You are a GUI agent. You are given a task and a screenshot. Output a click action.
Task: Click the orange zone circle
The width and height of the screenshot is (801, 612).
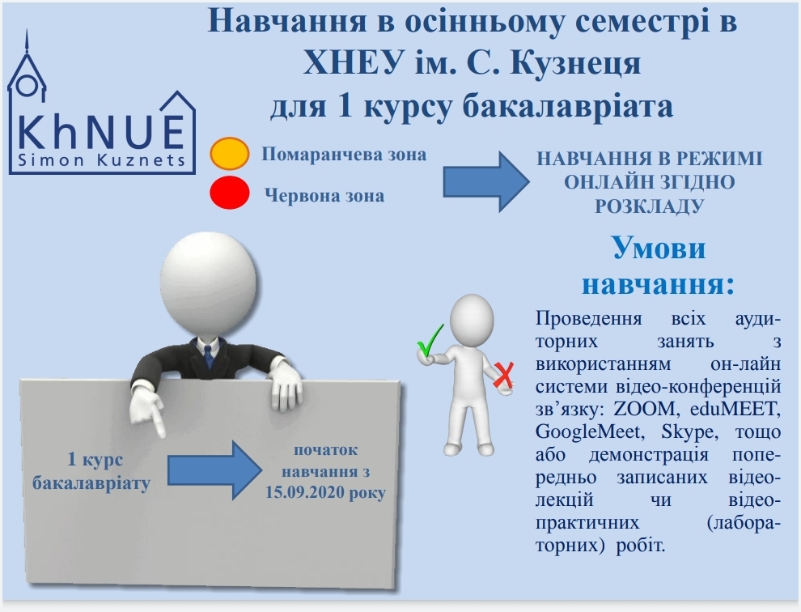pos(230,153)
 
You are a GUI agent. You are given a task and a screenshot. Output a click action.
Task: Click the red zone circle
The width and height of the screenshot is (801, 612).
pos(230,193)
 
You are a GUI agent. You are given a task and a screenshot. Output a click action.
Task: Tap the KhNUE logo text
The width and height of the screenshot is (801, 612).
pos(101,132)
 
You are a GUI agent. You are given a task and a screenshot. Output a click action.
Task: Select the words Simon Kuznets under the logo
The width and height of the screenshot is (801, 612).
pos(102,160)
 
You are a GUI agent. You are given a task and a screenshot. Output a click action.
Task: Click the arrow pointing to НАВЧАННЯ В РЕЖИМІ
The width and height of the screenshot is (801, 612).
pos(485,181)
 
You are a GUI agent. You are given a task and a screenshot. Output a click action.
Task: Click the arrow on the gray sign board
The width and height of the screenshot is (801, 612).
pos(214,470)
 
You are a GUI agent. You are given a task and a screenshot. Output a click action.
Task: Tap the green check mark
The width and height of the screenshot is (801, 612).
pos(430,340)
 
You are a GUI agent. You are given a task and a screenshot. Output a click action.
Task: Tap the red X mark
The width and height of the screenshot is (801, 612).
pos(503,376)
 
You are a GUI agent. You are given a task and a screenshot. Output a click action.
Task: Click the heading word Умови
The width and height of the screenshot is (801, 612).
pos(659,248)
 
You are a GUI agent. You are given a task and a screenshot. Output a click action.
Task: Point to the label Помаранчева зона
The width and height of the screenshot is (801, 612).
pos(344,155)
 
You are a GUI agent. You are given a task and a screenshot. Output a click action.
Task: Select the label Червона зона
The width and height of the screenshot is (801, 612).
pos(324,195)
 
